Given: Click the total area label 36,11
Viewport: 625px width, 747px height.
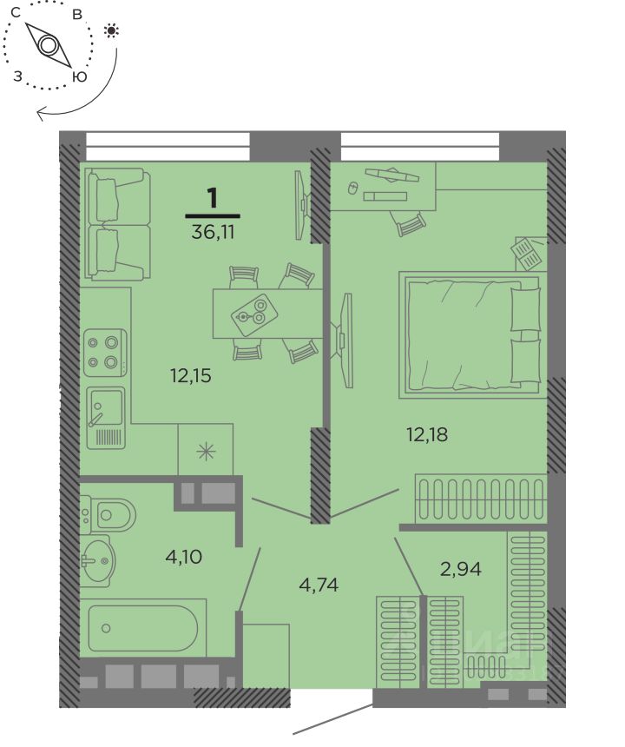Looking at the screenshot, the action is click(213, 233).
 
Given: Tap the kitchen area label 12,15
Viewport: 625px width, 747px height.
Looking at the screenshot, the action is click(190, 376).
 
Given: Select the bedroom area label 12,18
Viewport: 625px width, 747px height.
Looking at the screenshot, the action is click(427, 434).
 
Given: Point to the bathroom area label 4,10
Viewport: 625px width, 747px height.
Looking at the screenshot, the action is click(184, 557).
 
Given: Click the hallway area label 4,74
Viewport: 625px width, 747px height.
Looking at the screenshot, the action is click(319, 585).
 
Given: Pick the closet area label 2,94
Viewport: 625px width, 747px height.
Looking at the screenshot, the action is click(461, 569).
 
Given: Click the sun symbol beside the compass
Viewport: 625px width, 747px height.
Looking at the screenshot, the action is click(111, 31).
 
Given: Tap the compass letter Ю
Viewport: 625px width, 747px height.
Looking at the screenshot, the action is click(80, 76).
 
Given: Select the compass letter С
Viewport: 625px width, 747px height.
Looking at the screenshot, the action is click(16, 13).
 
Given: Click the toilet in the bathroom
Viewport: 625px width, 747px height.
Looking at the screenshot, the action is click(108, 514).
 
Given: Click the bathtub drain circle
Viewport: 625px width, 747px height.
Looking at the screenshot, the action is click(106, 628).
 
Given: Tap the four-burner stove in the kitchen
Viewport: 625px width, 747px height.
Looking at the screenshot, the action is click(105, 353).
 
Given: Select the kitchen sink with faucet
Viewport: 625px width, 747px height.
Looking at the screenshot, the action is click(106, 418).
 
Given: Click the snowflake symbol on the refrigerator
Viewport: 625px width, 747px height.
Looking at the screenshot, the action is click(206, 451).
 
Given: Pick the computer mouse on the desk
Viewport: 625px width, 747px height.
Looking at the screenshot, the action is click(352, 188).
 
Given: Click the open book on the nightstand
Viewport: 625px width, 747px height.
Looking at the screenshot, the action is click(526, 254).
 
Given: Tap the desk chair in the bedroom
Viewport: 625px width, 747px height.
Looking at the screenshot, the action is click(408, 222).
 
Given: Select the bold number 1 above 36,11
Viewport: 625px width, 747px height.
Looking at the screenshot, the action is click(213, 199).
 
